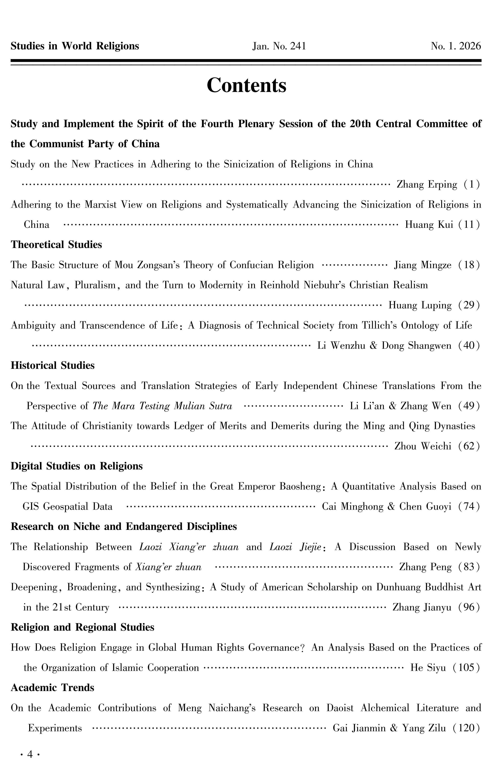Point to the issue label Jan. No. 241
click(279, 46)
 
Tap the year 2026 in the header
click(470, 46)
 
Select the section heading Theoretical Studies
click(56, 245)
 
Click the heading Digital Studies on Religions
click(77, 466)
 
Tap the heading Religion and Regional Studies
click(83, 627)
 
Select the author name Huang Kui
click(429, 225)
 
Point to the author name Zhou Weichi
click(423, 446)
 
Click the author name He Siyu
click(428, 668)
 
